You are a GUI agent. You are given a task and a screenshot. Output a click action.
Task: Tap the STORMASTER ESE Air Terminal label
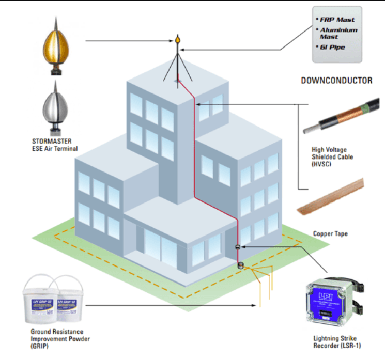(x=54, y=144)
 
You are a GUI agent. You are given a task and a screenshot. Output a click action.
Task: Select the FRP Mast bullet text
(x=337, y=19)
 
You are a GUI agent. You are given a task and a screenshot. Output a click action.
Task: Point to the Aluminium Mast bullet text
(x=338, y=34)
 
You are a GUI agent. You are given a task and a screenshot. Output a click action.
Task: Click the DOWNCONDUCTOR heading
(x=336, y=81)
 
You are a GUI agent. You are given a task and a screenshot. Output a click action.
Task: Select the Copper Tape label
(x=330, y=233)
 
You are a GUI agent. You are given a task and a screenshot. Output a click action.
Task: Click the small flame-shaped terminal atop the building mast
(x=178, y=39)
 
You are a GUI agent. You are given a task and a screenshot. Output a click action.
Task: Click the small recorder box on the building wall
(x=238, y=248)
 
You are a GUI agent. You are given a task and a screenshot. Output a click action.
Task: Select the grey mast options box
(x=337, y=34)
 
